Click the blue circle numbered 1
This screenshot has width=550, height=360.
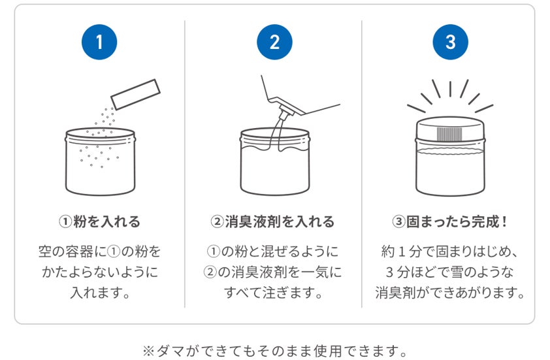coord(99,42)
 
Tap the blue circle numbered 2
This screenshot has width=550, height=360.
coord(274,42)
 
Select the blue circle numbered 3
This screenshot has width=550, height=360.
coord(450,42)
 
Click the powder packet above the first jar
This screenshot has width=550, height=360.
coord(135,94)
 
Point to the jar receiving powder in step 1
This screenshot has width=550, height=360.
coord(101,161)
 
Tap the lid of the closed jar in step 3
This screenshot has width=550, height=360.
coord(450,129)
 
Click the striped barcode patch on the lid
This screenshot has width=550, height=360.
coord(450,134)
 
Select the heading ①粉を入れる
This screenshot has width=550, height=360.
coord(100,221)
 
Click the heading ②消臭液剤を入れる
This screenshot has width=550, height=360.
coord(272,221)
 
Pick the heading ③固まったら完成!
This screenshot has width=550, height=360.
coord(449,221)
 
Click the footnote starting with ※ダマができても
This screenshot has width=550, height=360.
coord(274,350)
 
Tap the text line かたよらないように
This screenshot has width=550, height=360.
coord(100,272)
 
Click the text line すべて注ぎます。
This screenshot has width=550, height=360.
coord(273,292)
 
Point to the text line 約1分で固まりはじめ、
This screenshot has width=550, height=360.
coord(449,252)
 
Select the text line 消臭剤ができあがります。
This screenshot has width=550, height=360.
coord(449,292)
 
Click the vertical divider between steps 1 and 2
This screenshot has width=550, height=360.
coord(185,164)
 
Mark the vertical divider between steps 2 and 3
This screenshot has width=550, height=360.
coord(362,164)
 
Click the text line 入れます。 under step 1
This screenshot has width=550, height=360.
coord(100,292)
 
